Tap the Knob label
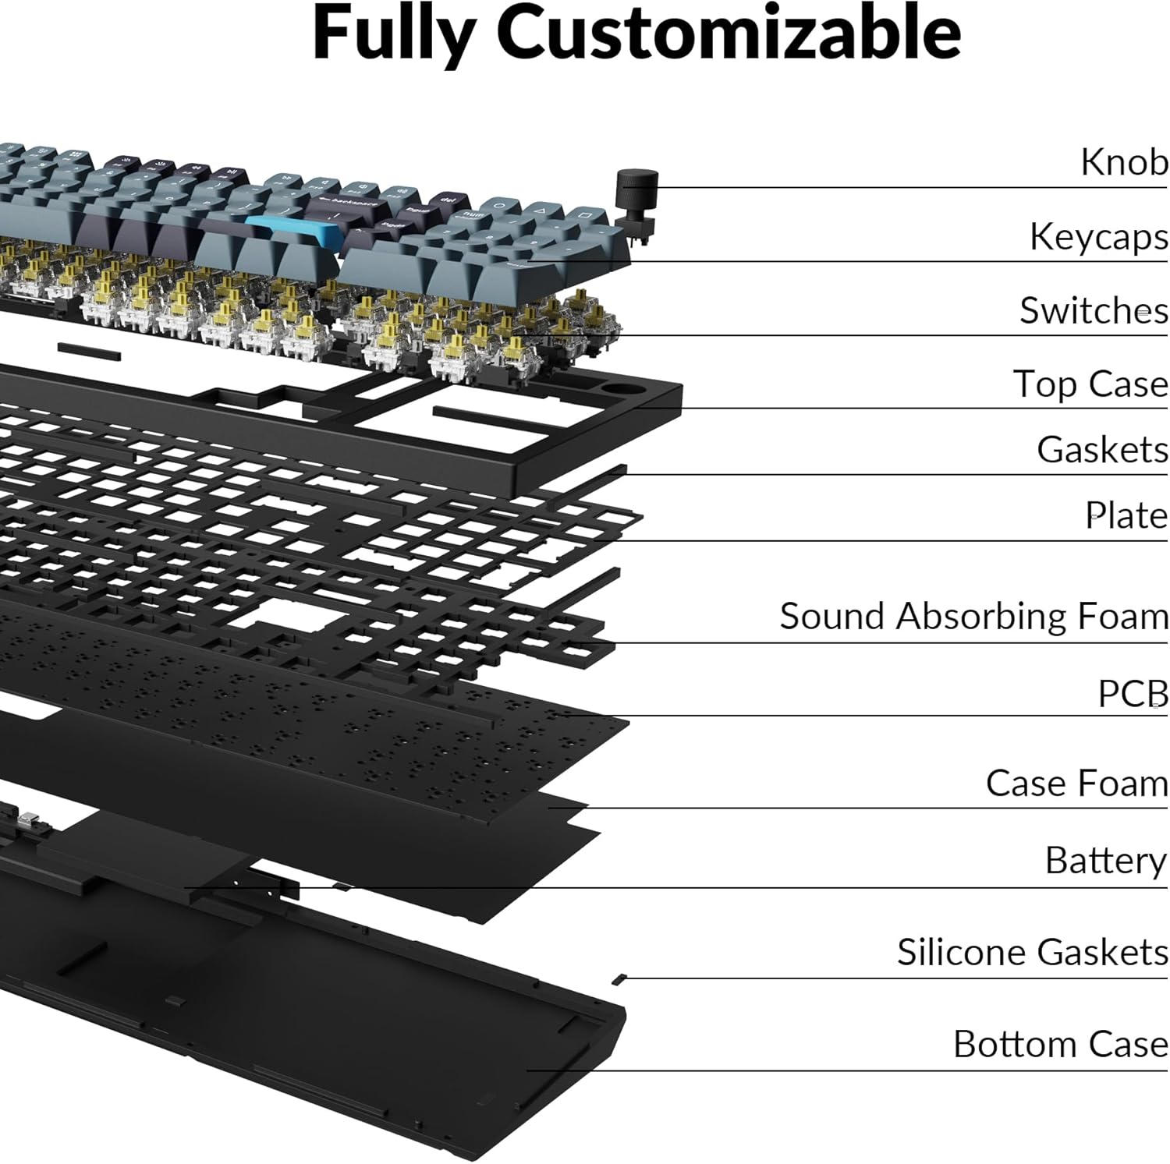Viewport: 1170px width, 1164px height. tap(1124, 162)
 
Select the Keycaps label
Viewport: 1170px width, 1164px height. tap(1098, 237)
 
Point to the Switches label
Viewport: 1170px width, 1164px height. tap(1094, 310)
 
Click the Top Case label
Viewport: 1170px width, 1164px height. tap(1090, 384)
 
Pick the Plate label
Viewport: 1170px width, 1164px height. tap(1126, 515)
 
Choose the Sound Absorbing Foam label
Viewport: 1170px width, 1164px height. tap(973, 616)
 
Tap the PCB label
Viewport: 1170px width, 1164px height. tap(1133, 693)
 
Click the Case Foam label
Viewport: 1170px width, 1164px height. tap(1076, 784)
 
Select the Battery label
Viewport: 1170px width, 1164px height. tap(1105, 861)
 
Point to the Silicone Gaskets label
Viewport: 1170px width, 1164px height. tap(1032, 952)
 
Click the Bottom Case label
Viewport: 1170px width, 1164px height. tap(1060, 1044)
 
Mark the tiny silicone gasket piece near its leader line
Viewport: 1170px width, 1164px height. tap(620, 978)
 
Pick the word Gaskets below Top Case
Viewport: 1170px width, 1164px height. tap(1102, 450)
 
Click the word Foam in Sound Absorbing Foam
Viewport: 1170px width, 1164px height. tap(1122, 616)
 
